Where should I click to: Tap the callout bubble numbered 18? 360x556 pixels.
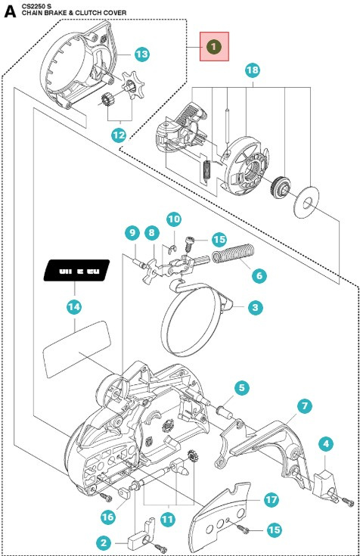click(253, 70)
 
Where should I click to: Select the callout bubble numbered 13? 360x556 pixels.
click(141, 54)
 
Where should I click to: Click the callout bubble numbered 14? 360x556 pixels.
click(76, 308)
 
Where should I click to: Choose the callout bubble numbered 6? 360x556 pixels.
click(258, 276)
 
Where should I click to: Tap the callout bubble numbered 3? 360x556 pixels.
click(256, 307)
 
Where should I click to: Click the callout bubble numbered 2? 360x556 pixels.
click(103, 542)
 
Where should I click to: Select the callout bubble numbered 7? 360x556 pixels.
click(303, 406)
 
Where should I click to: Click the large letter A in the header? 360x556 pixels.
click(10, 12)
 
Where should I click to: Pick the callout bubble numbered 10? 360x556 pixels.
click(174, 219)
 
